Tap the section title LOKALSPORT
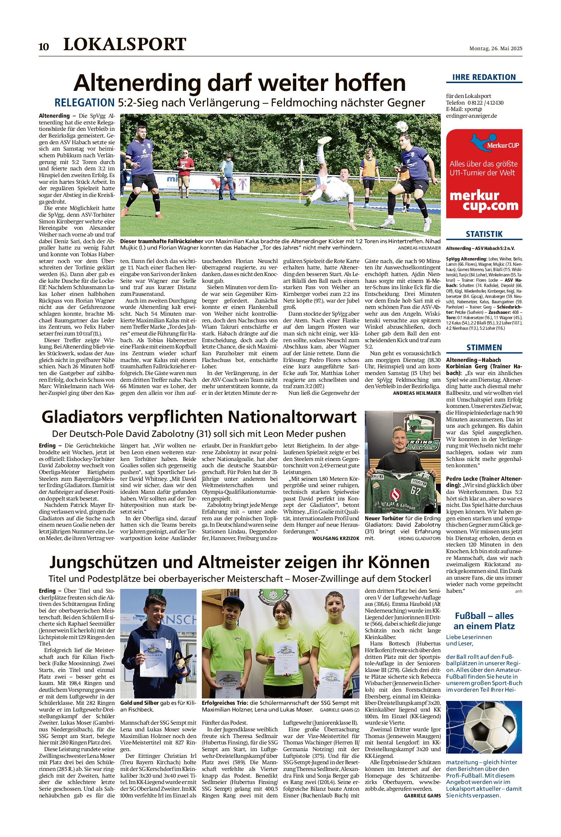(124, 44)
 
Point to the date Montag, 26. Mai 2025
(496, 49)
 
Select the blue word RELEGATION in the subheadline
(84, 103)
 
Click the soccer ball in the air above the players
(402, 126)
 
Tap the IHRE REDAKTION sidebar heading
(484, 77)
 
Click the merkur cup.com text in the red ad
(484, 201)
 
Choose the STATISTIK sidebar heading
(484, 234)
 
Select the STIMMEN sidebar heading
(484, 348)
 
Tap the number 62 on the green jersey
(415, 491)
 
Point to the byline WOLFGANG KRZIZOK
(335, 538)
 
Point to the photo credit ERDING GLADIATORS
(419, 538)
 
